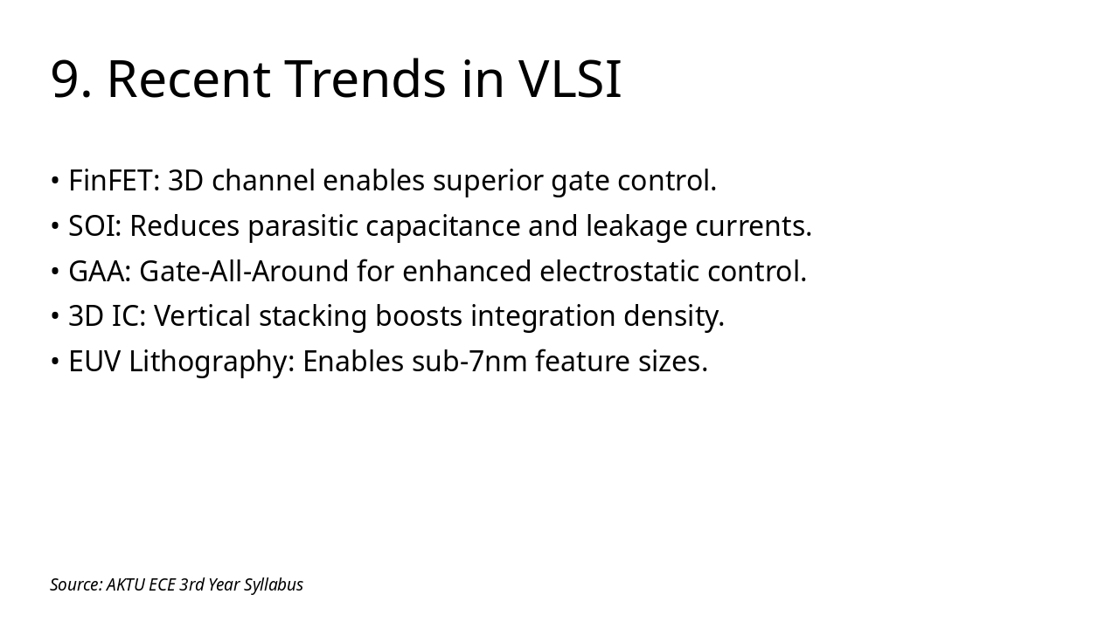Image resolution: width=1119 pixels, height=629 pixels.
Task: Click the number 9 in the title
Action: [66, 79]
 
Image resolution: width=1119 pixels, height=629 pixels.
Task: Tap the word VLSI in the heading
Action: [570, 79]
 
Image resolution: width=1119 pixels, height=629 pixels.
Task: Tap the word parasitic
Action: [302, 226]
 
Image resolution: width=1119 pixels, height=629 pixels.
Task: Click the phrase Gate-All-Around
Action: [244, 272]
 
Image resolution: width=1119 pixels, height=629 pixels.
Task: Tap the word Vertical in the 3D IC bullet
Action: [202, 316]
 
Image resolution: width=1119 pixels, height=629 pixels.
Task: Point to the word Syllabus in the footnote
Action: [273, 585]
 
